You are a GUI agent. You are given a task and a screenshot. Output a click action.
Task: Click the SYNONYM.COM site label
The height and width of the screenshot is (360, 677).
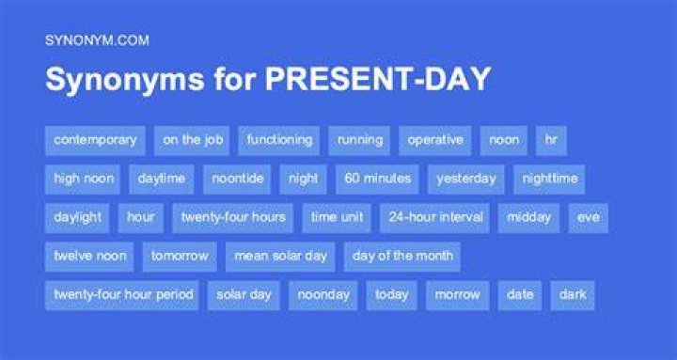97,40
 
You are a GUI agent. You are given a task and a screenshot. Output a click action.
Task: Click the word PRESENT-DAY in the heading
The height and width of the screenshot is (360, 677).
378,79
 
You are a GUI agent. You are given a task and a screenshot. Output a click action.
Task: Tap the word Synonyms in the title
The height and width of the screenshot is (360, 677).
125,80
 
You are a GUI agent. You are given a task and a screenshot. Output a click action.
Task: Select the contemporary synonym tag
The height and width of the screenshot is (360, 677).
95,140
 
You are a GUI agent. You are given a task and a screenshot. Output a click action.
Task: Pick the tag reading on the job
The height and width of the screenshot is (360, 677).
192,140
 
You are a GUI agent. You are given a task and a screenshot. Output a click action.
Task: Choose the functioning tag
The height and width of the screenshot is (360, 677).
279,140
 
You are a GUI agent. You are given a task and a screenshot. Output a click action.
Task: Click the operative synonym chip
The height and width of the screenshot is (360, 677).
434,140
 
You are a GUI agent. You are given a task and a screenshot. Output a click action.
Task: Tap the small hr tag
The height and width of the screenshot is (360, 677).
551,140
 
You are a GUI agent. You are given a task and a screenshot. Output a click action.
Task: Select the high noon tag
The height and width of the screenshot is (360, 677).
83,180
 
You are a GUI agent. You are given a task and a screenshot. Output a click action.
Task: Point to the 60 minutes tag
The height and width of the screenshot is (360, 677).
377,180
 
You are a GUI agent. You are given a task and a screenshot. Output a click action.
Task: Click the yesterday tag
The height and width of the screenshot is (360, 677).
465,180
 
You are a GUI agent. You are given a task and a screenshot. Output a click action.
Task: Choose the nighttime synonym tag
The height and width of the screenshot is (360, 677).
549,180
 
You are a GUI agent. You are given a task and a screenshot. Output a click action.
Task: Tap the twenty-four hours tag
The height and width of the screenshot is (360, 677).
233,218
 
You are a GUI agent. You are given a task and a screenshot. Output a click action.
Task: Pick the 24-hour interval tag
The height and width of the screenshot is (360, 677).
434,218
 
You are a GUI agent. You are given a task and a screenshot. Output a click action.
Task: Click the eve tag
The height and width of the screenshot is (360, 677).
588,218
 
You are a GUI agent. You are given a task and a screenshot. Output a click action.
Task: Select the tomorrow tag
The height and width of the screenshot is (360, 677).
180,257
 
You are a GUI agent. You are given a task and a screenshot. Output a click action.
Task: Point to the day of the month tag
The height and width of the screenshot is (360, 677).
402,257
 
